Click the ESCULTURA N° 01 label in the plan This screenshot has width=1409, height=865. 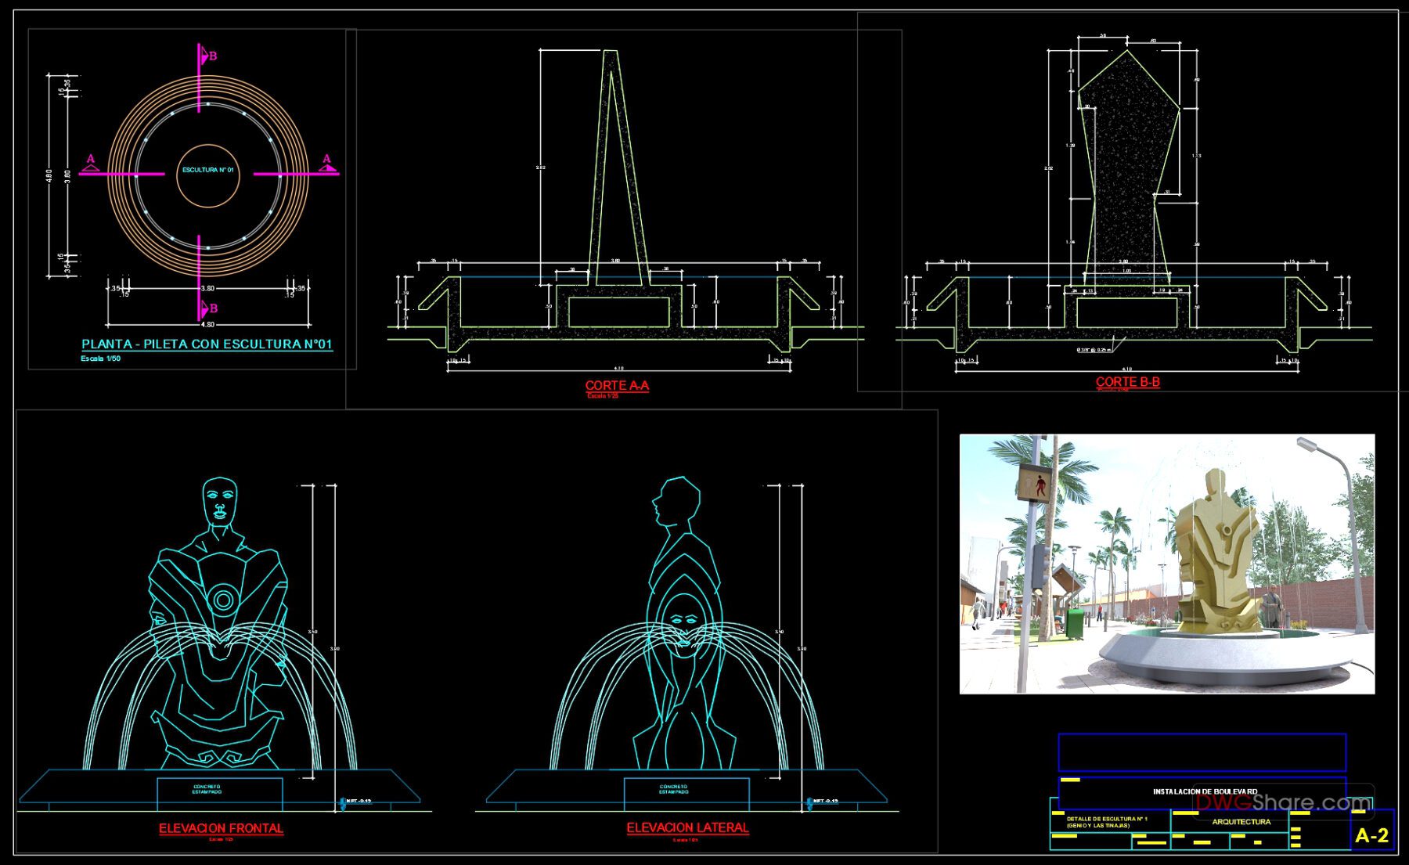click(208, 170)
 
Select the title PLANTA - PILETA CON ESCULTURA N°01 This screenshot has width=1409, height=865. click(207, 344)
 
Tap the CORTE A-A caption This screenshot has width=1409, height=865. click(617, 385)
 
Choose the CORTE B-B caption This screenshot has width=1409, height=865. click(1127, 382)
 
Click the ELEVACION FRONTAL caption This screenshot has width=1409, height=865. click(221, 828)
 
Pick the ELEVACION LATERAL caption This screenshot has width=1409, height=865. click(687, 827)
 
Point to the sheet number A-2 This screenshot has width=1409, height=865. click(1371, 836)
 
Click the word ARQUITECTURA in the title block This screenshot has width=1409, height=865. click(1241, 822)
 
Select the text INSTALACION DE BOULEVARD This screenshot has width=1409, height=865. click(1205, 791)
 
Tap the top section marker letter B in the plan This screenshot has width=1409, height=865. click(212, 56)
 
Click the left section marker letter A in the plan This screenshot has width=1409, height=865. click(91, 160)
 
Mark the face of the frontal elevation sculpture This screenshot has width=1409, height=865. click(220, 502)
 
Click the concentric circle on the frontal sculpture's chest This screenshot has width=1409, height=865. click(223, 600)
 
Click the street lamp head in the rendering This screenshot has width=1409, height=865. click(1306, 444)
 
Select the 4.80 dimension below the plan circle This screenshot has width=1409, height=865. click(207, 324)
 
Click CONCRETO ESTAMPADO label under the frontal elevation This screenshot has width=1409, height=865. click(207, 789)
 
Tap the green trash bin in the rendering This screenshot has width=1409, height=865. click(1075, 623)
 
